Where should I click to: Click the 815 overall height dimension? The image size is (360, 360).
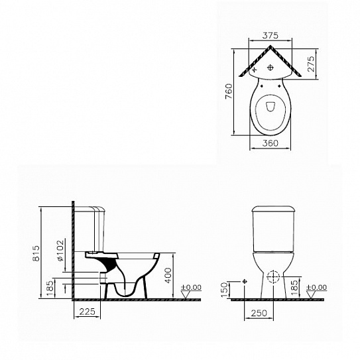tap(37, 253)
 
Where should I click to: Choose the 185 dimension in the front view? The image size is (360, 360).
tap(294, 286)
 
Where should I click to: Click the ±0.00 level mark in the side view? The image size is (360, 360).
tap(192, 288)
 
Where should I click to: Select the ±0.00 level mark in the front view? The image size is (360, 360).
tap(318, 288)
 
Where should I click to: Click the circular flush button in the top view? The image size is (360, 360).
tap(270, 68)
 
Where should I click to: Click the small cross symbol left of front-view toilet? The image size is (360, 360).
tap(245, 282)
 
